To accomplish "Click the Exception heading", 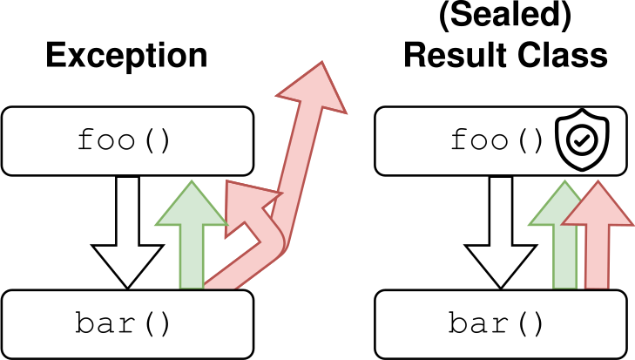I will [x=126, y=56].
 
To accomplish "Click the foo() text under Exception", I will [x=124, y=141].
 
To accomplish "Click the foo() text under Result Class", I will [x=497, y=141].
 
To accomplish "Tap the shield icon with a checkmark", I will [x=583, y=140].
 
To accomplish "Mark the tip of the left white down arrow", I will [x=127, y=287].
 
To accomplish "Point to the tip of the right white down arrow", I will [x=501, y=287].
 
